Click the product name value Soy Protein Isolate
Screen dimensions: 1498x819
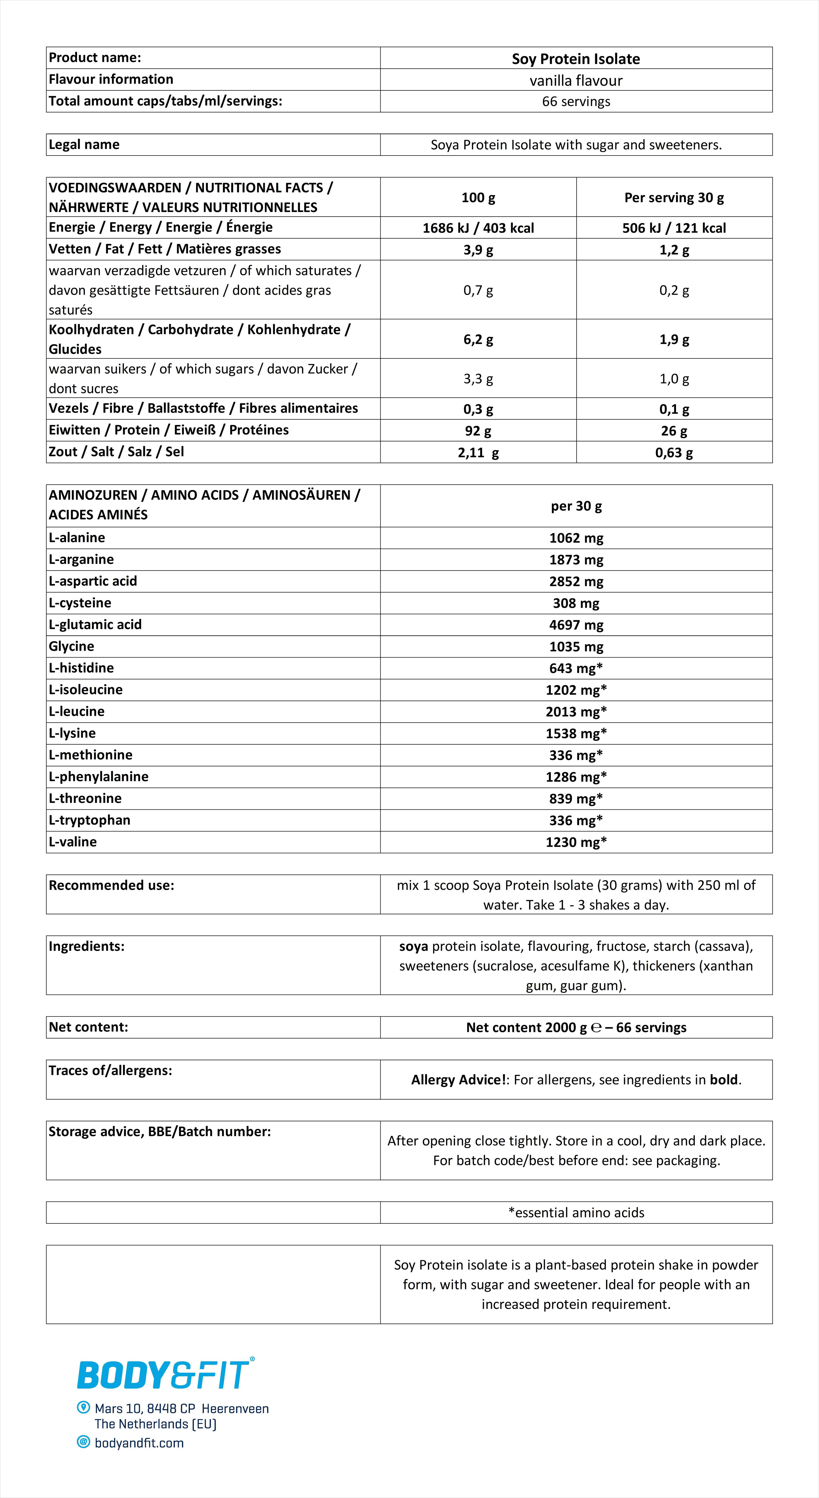coord(576,59)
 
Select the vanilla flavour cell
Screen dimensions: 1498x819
coord(576,80)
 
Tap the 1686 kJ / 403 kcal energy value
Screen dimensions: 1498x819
coord(478,228)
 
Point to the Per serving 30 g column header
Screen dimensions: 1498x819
coord(674,198)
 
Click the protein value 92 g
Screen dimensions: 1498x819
coord(478,431)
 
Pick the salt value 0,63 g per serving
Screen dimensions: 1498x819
coord(674,452)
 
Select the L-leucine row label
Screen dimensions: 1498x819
coord(77,711)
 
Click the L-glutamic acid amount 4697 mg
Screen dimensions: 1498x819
coord(576,625)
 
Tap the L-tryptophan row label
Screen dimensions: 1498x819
coord(90,820)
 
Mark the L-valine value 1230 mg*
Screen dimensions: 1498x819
coord(576,842)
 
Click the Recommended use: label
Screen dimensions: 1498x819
coord(111,885)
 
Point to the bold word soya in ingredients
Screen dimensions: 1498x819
coord(414,946)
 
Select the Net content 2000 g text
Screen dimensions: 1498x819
coord(526,1028)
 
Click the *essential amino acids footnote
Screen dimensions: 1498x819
coord(576,1212)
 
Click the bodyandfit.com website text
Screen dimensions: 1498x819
coord(139,1443)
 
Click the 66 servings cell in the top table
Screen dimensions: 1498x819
coord(576,102)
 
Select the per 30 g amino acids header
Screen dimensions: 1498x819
coord(576,506)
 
